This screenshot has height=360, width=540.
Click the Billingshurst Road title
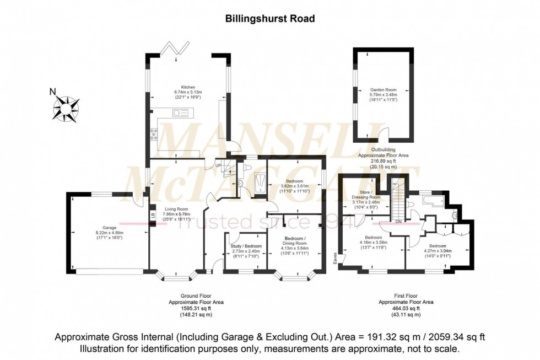click(x=270, y=18)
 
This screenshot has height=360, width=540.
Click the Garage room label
click(x=110, y=227)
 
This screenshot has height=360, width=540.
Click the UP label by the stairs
click(x=218, y=165)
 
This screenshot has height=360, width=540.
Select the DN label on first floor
click(x=398, y=222)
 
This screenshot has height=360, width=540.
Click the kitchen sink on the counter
click(x=180, y=112)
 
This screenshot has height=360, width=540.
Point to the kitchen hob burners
click(x=154, y=133)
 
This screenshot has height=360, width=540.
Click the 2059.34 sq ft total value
click(x=460, y=337)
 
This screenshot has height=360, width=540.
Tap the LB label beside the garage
click(x=152, y=215)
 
